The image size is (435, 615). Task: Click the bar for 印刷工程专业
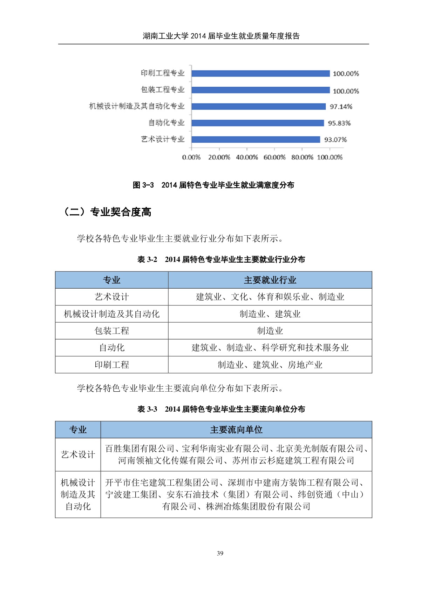tap(260, 73)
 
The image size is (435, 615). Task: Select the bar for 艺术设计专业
tap(256, 140)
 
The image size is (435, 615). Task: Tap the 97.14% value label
tap(341, 107)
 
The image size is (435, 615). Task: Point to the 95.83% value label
tap(339, 123)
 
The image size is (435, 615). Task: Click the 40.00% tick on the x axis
tap(247, 157)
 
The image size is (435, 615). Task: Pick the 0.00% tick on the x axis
tap(191, 157)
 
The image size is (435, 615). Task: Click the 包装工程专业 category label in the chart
tap(163, 90)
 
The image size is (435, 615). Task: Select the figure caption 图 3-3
tap(213, 185)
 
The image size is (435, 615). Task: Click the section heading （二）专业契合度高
tap(107, 212)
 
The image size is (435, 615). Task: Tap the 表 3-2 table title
tap(221, 259)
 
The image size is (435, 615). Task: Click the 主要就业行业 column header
tap(270, 280)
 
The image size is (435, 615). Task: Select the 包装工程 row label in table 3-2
tap(112, 331)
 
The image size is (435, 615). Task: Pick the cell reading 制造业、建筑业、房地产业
tap(270, 365)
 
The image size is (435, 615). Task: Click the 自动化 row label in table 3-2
tap(112, 348)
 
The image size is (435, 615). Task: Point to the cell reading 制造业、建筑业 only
tap(270, 314)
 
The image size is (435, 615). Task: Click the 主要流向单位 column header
tap(236, 430)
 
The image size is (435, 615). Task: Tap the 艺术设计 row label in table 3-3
tap(78, 455)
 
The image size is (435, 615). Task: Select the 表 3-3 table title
tap(221, 409)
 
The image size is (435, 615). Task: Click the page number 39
tap(220, 553)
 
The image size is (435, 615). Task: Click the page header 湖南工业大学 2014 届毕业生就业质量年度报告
tap(221, 36)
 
